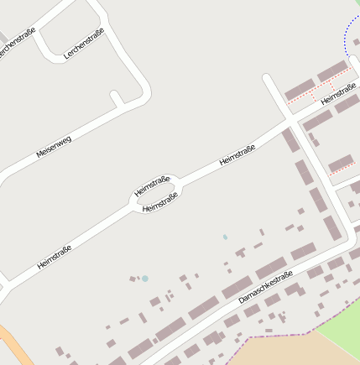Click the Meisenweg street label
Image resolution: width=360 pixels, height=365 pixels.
click(55, 148)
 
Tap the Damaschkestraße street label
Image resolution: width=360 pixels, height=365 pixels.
click(265, 287)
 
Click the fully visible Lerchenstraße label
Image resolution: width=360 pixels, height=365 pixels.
click(84, 43)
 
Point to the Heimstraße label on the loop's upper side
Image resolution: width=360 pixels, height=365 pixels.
click(152, 185)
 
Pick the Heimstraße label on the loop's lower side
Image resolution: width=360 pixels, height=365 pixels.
click(160, 202)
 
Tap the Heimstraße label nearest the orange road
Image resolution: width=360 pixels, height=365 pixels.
click(55, 257)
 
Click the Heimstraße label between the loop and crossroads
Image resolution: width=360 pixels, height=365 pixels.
click(237, 155)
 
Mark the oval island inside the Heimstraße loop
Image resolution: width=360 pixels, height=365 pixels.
click(156, 194)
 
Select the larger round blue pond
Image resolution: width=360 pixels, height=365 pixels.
click(145, 278)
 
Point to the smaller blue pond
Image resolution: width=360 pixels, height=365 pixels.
click(225, 237)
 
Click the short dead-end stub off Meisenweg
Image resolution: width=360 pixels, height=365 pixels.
click(116, 98)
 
